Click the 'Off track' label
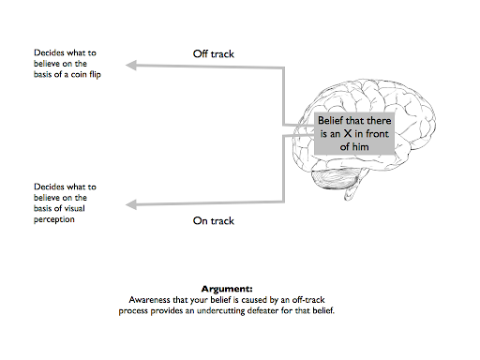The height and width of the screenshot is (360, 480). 213,54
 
